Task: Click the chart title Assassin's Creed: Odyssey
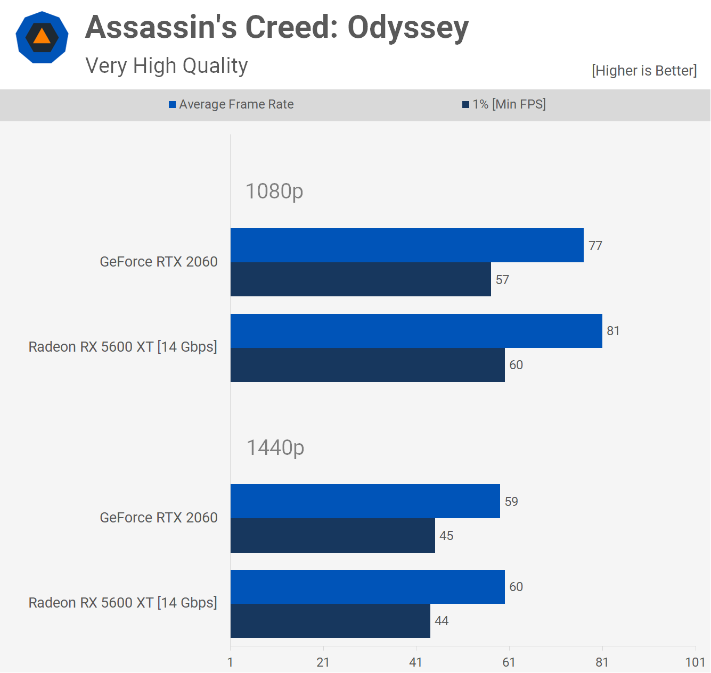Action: click(277, 28)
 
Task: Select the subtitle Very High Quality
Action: click(167, 66)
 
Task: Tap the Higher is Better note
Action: click(644, 71)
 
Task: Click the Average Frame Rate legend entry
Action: click(231, 104)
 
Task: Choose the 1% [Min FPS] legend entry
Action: click(504, 104)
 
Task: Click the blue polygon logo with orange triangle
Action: click(42, 37)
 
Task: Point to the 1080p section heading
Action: click(274, 191)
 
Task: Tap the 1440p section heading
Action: click(275, 447)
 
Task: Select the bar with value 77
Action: click(407, 245)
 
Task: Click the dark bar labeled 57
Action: click(361, 279)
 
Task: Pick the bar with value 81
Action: click(416, 331)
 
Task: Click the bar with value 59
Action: click(365, 501)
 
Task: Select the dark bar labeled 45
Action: click(332, 536)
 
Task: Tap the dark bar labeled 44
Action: click(330, 621)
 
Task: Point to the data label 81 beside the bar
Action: click(613, 331)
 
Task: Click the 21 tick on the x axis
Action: click(323, 662)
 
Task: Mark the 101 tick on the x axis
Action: click(695, 662)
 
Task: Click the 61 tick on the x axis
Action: click(509, 662)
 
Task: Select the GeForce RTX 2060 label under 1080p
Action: click(159, 262)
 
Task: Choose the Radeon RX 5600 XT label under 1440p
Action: click(123, 603)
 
